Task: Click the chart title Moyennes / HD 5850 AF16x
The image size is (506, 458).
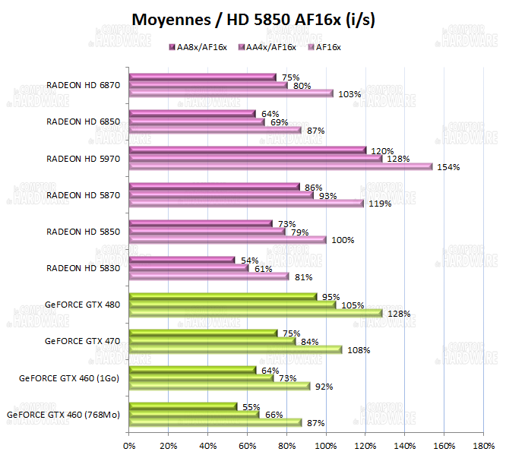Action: coord(253,19)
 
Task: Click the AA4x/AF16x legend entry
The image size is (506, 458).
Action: coord(268,47)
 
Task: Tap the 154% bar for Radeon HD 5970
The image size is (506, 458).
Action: coord(280,166)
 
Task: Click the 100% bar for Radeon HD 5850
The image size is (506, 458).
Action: coord(227,239)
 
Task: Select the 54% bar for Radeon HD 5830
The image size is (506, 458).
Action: coord(182,261)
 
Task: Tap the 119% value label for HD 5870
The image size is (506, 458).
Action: coord(381,204)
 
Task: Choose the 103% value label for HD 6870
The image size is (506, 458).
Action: coord(350,94)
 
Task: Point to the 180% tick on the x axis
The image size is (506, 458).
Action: coord(484,444)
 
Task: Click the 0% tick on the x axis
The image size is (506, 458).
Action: coord(129,444)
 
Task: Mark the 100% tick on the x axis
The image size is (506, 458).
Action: coord(326,444)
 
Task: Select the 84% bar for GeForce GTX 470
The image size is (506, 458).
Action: coord(212,341)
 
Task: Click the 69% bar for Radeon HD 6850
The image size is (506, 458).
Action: coord(197,122)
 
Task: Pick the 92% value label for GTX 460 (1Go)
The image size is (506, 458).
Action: coord(324,387)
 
